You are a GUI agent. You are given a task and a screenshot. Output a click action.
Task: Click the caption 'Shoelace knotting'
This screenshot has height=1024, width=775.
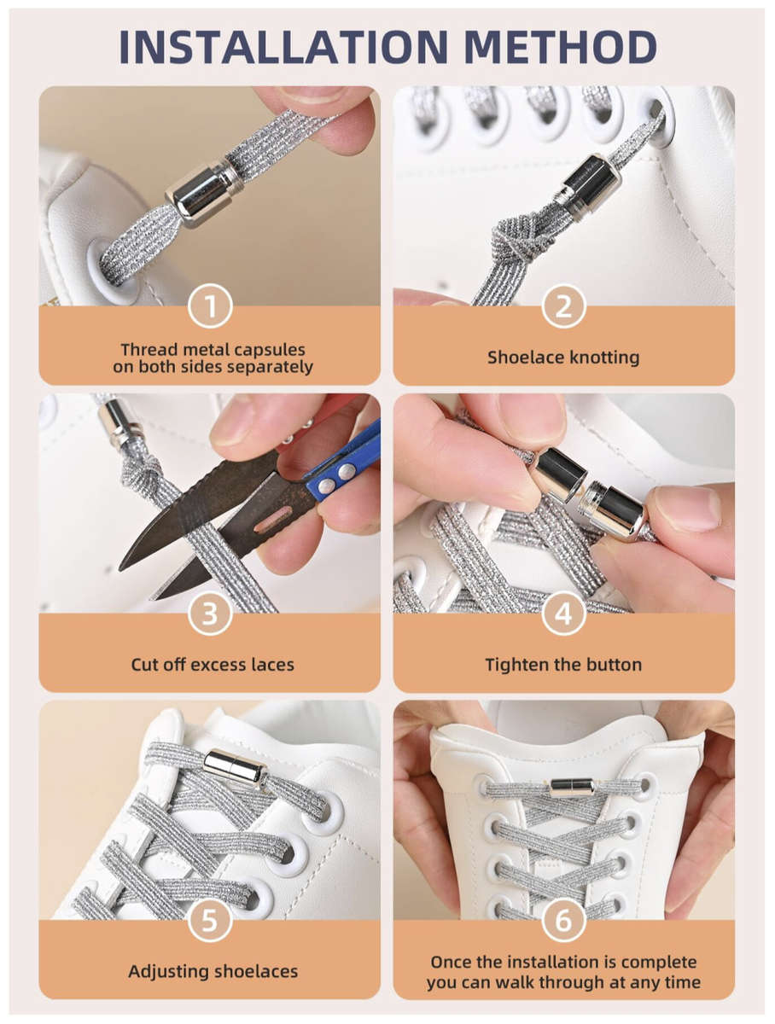(563, 358)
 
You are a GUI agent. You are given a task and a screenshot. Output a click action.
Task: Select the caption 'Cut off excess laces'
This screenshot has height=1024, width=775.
(213, 664)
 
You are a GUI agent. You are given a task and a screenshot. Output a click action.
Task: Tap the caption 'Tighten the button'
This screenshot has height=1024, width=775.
(563, 664)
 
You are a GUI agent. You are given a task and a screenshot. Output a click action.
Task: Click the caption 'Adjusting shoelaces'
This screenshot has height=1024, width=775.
(213, 971)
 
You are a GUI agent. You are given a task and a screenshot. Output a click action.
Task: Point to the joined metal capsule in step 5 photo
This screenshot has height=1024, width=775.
(236, 766)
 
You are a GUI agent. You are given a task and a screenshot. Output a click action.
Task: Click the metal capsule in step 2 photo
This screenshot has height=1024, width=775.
(587, 184)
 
